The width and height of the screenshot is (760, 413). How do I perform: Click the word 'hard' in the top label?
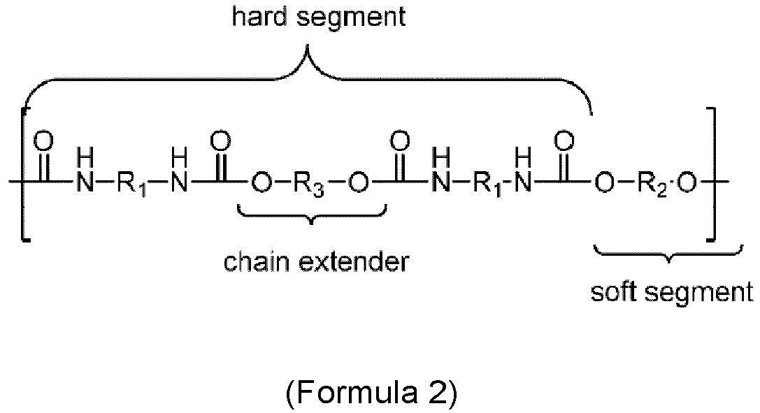(x=254, y=17)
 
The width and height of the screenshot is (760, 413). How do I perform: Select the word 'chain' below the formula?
(x=255, y=263)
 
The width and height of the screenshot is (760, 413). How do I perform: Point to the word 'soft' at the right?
(x=612, y=292)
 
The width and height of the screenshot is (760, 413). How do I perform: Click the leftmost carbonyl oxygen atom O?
(x=43, y=142)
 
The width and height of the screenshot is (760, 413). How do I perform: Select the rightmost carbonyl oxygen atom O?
(x=564, y=142)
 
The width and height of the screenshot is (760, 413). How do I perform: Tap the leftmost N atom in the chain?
(x=85, y=184)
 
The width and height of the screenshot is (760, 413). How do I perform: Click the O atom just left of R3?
(x=261, y=184)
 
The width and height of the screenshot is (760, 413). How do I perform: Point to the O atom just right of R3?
(x=358, y=184)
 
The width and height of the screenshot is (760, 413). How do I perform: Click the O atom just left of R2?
(x=604, y=184)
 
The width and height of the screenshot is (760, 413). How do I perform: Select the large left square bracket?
(x=23, y=174)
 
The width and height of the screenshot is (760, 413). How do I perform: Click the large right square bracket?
(x=712, y=174)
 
